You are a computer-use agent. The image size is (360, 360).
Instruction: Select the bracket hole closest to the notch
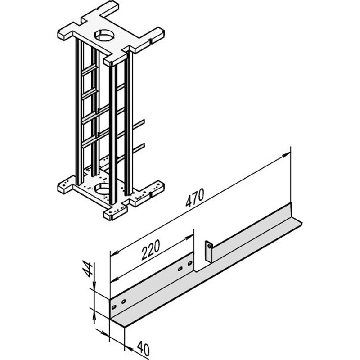click(189, 264)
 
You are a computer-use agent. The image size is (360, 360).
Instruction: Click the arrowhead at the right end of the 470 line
click(286, 154)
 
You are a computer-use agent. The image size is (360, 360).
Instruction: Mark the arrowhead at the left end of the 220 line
click(114, 254)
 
